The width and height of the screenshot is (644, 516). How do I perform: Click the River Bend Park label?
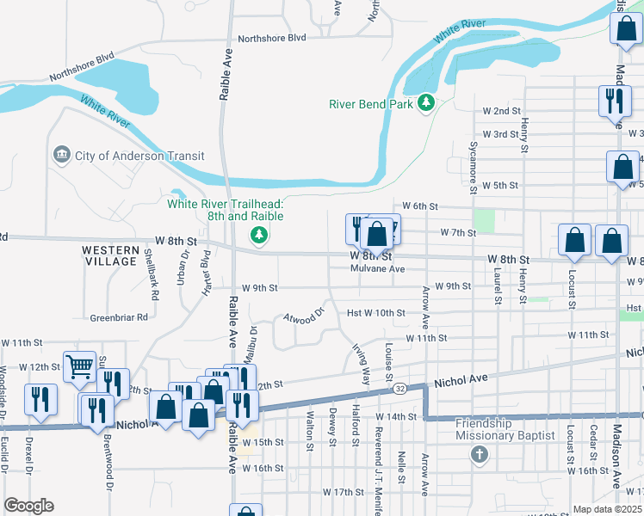point(371,104)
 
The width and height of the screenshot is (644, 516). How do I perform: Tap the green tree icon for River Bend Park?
point(425,103)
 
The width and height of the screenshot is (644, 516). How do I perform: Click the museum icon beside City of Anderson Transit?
point(62,156)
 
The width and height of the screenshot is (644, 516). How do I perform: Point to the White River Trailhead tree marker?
point(257,235)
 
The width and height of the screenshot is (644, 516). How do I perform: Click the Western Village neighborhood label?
point(109,255)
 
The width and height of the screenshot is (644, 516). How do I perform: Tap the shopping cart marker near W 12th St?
point(79,367)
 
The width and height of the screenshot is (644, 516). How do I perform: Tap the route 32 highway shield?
point(401,389)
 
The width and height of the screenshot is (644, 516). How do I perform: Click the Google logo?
point(28,506)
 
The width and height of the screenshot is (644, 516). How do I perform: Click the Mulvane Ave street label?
point(377,268)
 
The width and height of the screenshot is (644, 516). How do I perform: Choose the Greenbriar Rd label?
point(119,317)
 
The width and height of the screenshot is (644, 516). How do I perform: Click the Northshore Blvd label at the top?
point(272,38)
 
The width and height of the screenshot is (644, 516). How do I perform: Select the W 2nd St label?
point(502,111)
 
